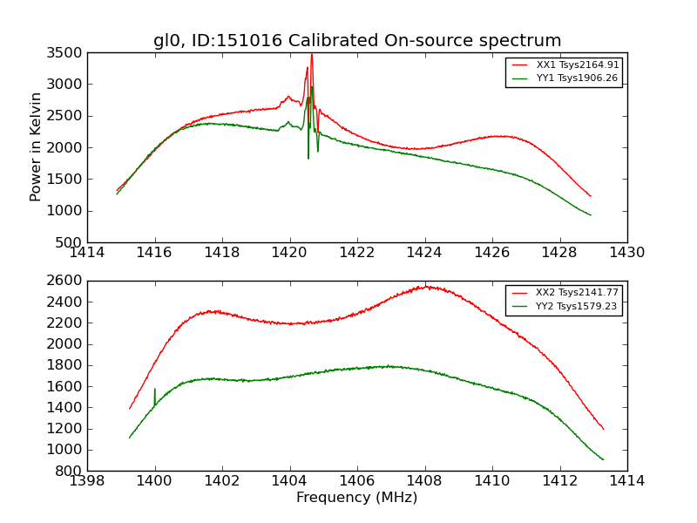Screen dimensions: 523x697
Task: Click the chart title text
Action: pyautogui.click(x=357, y=41)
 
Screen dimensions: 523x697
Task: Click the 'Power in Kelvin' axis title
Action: pyautogui.click(x=37, y=146)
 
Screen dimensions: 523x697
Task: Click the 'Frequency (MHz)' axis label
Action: pyautogui.click(x=357, y=498)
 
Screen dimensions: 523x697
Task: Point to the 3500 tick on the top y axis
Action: pyautogui.click(x=68, y=53)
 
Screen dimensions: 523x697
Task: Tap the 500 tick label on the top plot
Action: pyautogui.click(x=71, y=242)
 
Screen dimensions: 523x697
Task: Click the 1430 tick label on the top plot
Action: pyautogui.click(x=626, y=253)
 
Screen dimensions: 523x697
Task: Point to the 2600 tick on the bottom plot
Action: pyautogui.click(x=68, y=281)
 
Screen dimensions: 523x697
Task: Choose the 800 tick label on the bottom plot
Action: pyautogui.click(x=71, y=471)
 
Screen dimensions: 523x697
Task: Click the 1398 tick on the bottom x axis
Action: pyautogui.click(x=88, y=481)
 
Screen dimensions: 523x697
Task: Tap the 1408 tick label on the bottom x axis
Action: pyautogui.click(x=424, y=481)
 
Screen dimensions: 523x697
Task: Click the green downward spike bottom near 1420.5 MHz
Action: pyautogui.click(x=308, y=158)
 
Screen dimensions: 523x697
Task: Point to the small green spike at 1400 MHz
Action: pyautogui.click(x=155, y=390)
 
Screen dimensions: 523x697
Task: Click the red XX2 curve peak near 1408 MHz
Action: pyautogui.click(x=425, y=286)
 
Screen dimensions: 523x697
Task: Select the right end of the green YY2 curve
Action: pyautogui.click(x=603, y=459)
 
